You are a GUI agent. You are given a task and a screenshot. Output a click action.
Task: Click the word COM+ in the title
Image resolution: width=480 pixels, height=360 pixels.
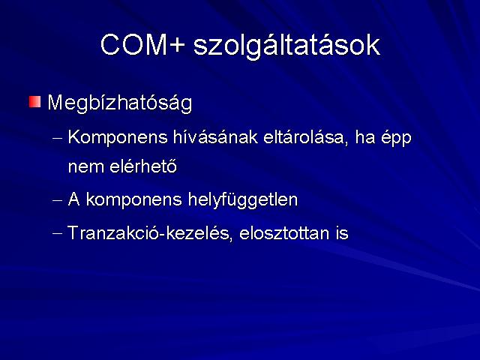pos(143,45)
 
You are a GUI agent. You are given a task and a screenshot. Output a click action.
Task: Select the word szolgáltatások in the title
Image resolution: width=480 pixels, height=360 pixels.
pos(286,46)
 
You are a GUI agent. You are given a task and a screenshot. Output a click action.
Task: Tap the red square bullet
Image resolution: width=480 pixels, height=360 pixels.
pos(34,102)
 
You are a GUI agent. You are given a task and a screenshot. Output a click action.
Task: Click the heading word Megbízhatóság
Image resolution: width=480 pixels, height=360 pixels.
pos(120,103)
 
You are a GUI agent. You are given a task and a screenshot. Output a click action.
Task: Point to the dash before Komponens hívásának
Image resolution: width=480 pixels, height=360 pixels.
pos(57,138)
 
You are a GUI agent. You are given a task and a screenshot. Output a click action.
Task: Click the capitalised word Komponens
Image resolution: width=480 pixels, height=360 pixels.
pos(118,138)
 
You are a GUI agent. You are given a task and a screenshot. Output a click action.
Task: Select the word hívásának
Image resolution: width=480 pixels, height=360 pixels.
pos(215,137)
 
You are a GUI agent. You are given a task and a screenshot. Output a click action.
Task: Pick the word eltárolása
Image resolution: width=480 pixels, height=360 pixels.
pos(305,137)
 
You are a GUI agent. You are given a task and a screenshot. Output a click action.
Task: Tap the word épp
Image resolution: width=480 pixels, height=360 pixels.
pos(396,139)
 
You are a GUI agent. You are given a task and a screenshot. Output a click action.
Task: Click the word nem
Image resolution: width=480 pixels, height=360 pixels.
pos(85,168)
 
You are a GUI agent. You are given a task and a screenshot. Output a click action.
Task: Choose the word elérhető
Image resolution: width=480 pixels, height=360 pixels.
pos(143,166)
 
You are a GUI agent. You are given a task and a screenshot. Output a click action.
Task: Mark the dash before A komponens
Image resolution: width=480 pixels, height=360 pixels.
pos(57,201)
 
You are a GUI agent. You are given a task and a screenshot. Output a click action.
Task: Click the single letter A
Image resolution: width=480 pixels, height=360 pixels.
pos(73,199)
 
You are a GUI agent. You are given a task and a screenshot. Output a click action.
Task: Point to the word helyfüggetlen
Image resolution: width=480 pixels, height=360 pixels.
pos(243,200)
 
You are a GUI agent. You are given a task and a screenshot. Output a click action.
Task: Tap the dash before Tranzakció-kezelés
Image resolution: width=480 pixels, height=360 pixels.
pos(57,233)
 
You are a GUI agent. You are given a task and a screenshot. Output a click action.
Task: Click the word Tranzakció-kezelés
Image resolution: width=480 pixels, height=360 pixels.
pos(148,232)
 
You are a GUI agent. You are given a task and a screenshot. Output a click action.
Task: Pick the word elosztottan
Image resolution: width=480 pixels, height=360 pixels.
pos(285,232)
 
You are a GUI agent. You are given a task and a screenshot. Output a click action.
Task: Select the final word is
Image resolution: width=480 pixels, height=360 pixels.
pos(342,232)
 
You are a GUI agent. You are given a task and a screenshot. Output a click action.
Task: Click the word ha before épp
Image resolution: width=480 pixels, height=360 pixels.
pos(365,137)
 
